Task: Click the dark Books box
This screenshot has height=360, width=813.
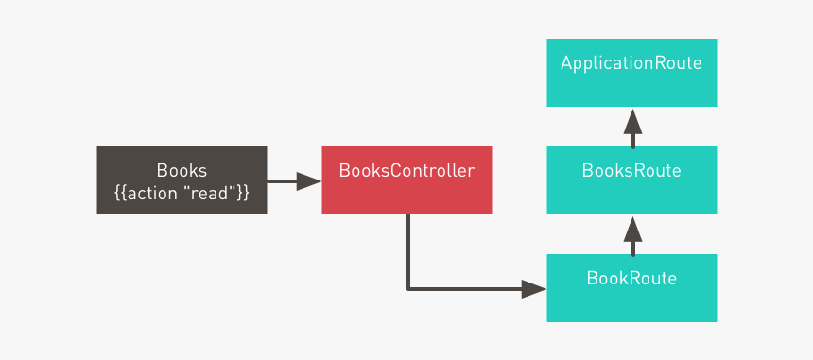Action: pyautogui.click(x=182, y=180)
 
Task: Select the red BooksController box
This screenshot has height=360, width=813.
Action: pyautogui.click(x=406, y=180)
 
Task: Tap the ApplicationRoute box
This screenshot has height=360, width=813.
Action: pyautogui.click(x=631, y=73)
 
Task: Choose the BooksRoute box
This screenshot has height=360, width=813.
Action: pyautogui.click(x=631, y=180)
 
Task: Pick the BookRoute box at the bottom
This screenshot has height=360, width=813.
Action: pyautogui.click(x=631, y=288)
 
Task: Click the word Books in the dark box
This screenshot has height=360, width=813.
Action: pyautogui.click(x=182, y=171)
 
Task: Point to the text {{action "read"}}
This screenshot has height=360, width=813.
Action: pyautogui.click(x=182, y=193)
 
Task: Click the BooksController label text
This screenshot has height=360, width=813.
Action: pyautogui.click(x=406, y=171)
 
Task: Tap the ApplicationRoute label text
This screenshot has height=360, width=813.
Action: pyautogui.click(x=631, y=64)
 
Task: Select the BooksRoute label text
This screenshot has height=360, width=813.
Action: pyautogui.click(x=631, y=171)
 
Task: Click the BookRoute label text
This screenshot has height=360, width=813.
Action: pyautogui.click(x=631, y=279)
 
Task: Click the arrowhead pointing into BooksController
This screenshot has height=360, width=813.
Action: pyautogui.click(x=309, y=181)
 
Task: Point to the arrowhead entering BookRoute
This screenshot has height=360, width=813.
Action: pyautogui.click(x=534, y=289)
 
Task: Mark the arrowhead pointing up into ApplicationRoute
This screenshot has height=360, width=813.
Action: pyautogui.click(x=632, y=120)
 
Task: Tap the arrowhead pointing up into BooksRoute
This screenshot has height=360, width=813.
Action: pyautogui.click(x=632, y=228)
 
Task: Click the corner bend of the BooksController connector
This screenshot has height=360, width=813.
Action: pyautogui.click(x=408, y=289)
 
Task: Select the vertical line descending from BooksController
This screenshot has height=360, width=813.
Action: pyautogui.click(x=408, y=250)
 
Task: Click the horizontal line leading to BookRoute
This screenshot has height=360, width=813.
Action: pyautogui.click(x=463, y=289)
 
